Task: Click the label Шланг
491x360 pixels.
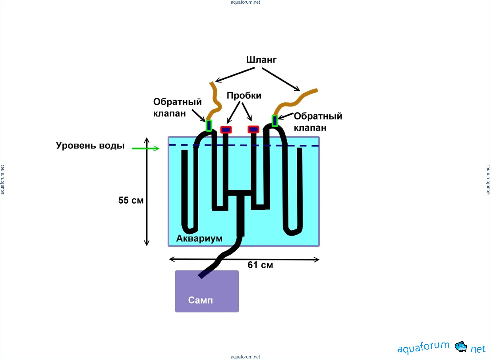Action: [x=261, y=60]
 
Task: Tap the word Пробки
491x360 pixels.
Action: [x=244, y=96]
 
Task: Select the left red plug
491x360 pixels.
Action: [x=226, y=130]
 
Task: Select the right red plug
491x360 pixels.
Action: [x=253, y=129]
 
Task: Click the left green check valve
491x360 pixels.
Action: [x=209, y=125]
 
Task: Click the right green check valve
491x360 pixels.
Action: [x=275, y=121]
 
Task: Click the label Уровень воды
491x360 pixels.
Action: [x=90, y=145]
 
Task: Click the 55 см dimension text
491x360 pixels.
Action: [x=131, y=200]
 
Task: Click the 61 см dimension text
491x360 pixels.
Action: [x=260, y=265]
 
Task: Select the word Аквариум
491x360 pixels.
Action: [x=199, y=238]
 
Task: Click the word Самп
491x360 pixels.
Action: [x=200, y=300]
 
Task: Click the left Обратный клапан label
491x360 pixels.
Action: [x=177, y=108]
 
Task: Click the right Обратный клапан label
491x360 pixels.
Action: [x=318, y=122]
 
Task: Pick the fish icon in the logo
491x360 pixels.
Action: [x=460, y=347]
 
